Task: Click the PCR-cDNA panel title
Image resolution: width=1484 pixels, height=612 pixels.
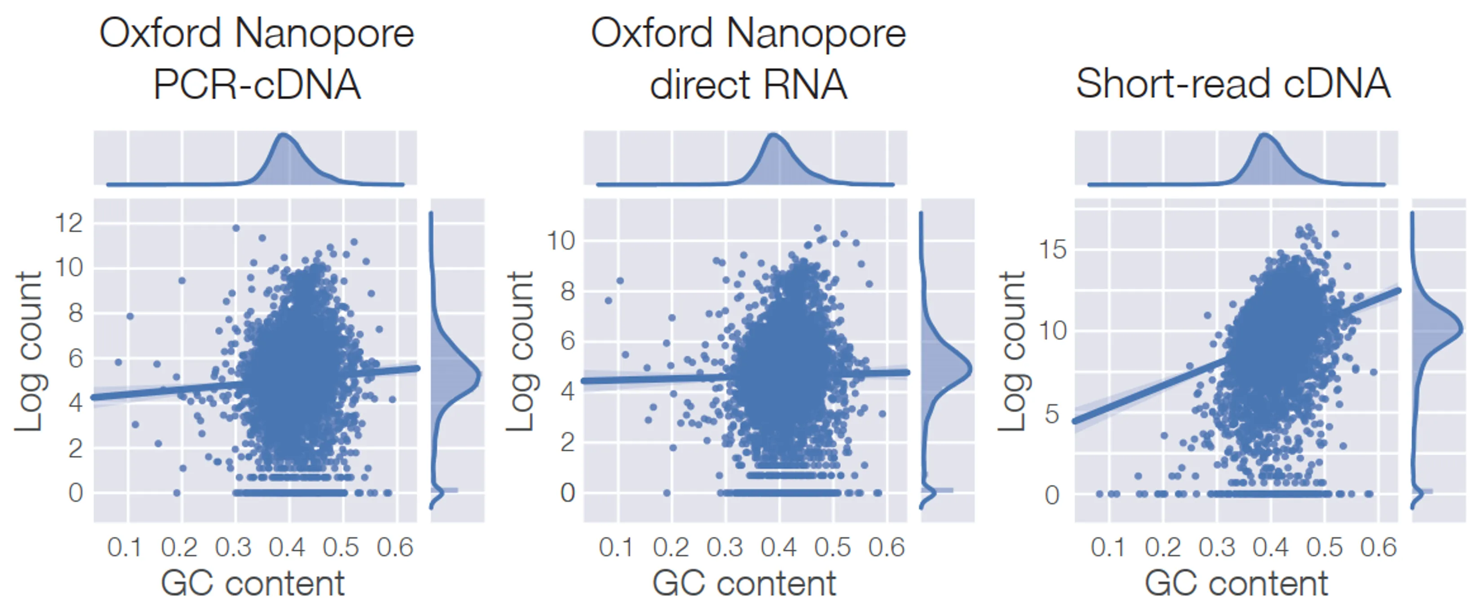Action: coord(257,59)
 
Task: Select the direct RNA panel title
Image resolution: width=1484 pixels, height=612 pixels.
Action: coord(748,59)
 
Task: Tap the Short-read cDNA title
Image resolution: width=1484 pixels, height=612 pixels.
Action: coord(1233,84)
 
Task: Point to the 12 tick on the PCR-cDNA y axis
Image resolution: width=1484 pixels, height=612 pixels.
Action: coord(69,223)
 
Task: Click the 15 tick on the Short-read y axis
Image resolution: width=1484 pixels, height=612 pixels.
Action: coord(1052,250)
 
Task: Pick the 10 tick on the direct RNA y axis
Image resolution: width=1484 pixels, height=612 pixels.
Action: coord(561,241)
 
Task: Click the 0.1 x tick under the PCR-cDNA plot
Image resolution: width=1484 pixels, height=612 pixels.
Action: coord(124,547)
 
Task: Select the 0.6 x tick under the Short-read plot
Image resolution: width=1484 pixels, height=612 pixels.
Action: coord(1378,547)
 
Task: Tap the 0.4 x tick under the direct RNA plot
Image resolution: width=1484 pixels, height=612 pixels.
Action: coord(779,547)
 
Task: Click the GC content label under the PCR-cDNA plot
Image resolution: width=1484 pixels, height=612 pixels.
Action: coord(252,584)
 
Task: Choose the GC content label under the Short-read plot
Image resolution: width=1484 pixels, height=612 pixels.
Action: coord(1236,584)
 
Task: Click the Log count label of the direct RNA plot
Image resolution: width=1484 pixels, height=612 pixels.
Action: coord(520,351)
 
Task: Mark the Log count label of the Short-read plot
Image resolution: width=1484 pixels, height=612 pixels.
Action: coord(1011,351)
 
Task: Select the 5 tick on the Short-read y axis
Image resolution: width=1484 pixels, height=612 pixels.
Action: coord(1052,414)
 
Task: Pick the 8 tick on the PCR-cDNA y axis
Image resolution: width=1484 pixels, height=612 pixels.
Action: coord(75,313)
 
